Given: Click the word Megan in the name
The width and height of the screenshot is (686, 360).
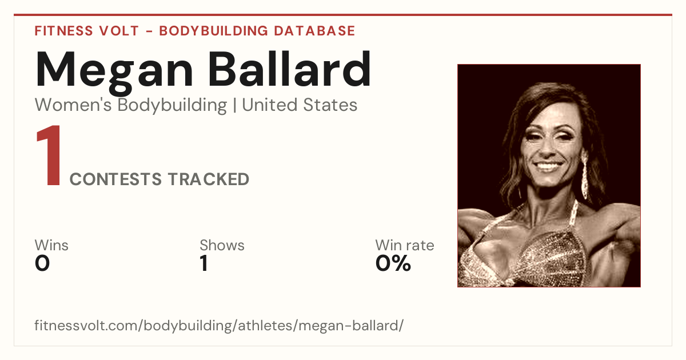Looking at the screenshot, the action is point(114,72).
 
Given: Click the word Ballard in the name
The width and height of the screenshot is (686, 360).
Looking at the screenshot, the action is point(290,69).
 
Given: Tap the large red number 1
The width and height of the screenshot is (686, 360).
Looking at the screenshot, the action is point(49,155).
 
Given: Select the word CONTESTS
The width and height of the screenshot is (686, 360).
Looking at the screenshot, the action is point(115,179).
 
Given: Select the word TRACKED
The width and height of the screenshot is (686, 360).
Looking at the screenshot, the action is point(209,179).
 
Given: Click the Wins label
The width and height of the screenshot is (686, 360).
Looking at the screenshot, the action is point(51,246).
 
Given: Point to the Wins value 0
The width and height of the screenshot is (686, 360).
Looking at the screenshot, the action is point(42,263).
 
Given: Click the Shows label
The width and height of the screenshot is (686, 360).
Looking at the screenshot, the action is point(222,246).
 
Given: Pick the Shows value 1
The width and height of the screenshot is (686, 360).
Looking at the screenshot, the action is point(204,263).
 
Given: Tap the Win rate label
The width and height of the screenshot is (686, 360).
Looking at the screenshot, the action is point(405,246).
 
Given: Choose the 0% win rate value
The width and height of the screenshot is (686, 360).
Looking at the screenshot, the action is point(393,263).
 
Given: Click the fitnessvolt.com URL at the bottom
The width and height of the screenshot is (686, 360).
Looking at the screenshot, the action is point(219,325).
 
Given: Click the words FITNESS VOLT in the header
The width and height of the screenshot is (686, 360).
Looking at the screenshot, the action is point(87,31).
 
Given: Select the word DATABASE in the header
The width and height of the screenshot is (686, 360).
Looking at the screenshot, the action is point(314,31).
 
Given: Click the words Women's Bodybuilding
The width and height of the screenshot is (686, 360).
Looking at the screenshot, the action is point(131,105).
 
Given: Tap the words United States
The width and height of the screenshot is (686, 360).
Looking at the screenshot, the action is point(300,105).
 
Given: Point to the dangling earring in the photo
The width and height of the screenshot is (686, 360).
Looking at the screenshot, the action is point(585,174).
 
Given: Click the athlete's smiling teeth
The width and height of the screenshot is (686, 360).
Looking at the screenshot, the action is point(548,167).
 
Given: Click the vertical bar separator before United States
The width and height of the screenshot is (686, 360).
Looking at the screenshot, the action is point(234,105).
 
